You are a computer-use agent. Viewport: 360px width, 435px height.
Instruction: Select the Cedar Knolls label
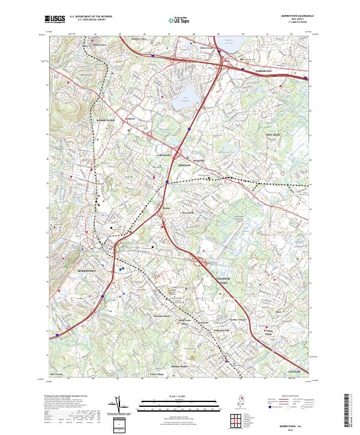(164, 155)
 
